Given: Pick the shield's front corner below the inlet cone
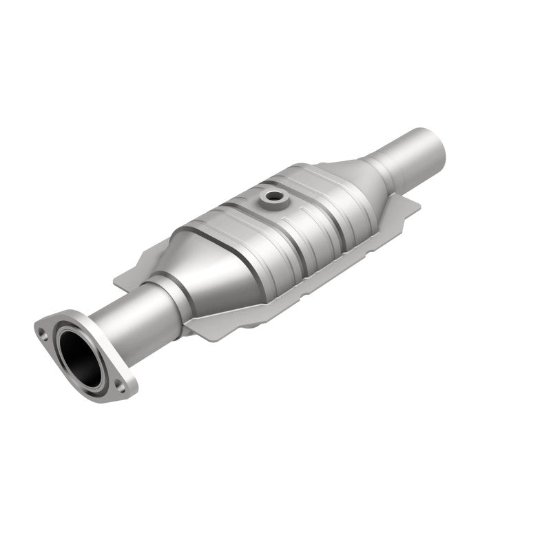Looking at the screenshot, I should (193, 331).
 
